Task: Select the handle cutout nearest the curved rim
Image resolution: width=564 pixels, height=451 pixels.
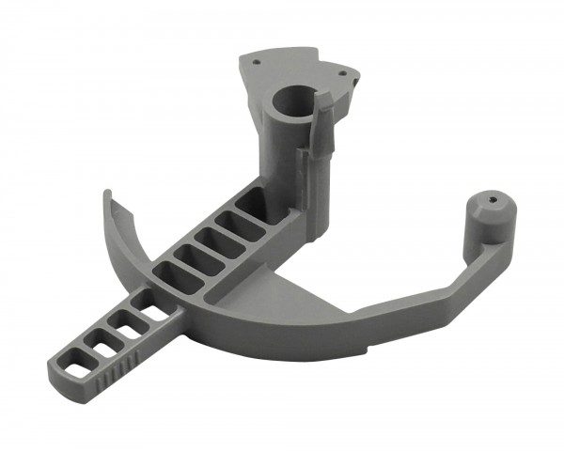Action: tap(146, 303)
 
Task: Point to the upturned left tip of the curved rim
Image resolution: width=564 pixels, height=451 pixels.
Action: tap(106, 199)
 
